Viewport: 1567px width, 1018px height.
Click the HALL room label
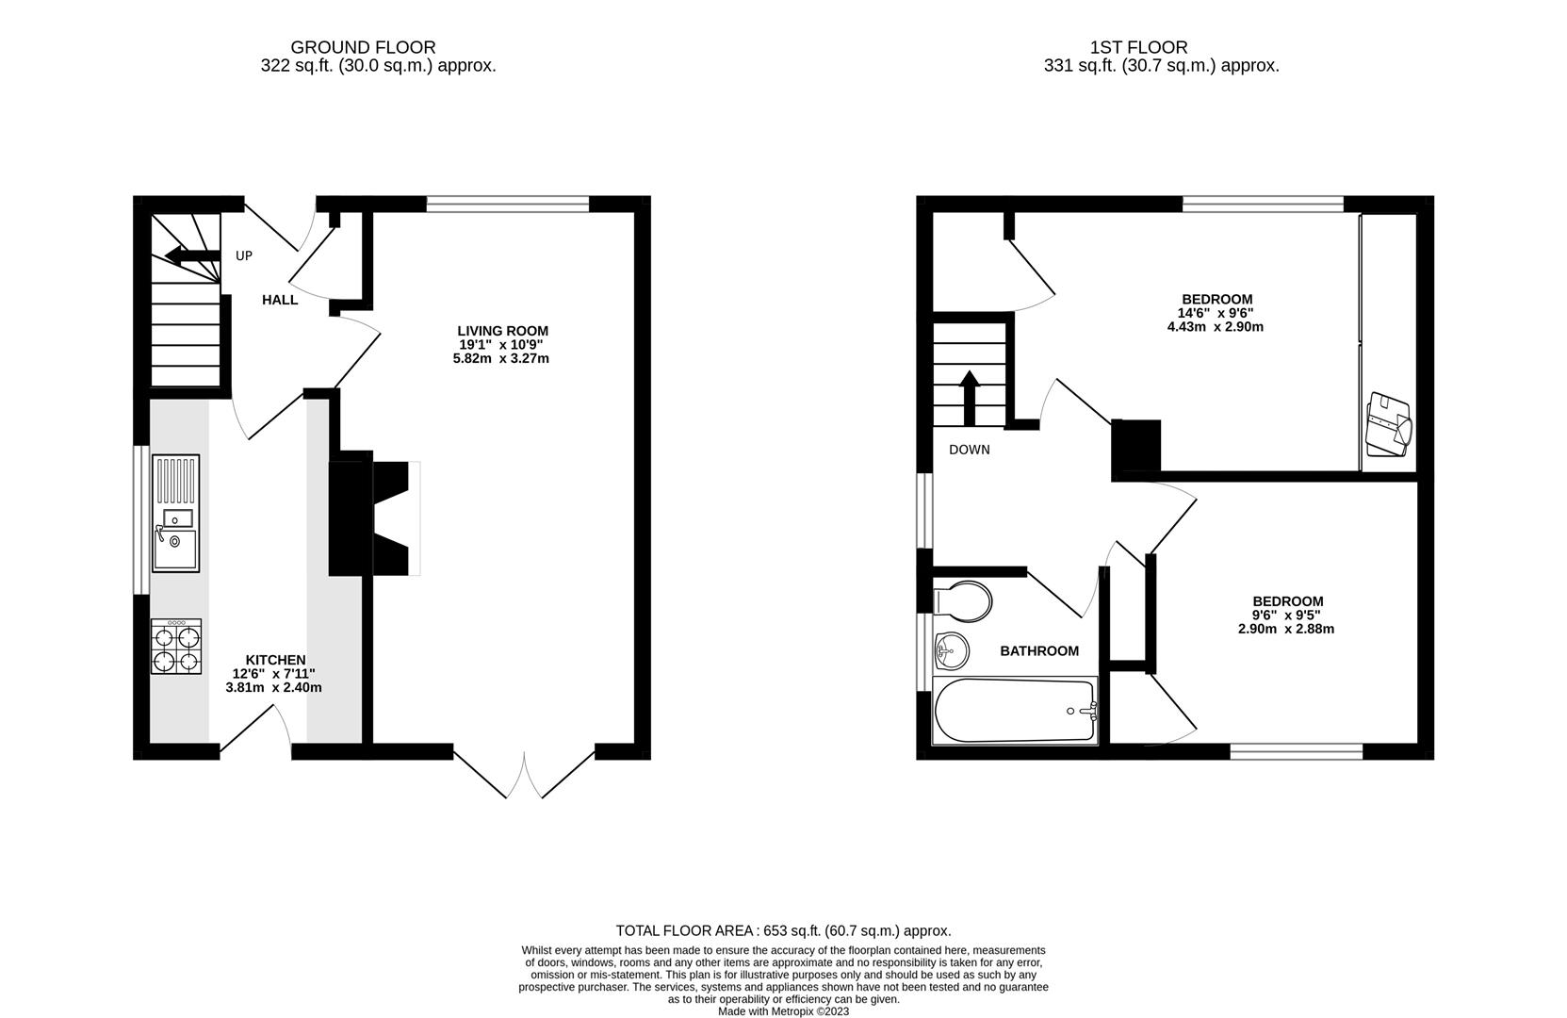tap(280, 300)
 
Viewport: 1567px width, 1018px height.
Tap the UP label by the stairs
tap(244, 255)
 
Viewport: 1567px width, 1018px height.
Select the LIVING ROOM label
tap(502, 331)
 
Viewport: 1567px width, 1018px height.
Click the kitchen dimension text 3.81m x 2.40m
tap(273, 688)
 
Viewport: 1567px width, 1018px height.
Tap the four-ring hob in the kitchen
tap(176, 647)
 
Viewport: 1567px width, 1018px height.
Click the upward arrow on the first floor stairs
tap(969, 391)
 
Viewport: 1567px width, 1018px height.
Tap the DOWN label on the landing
tap(969, 450)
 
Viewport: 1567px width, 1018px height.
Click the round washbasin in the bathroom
tap(952, 649)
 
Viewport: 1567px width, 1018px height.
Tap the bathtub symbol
tap(1015, 711)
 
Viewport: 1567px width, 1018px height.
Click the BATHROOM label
tap(1039, 651)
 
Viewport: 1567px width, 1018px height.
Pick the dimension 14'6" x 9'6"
tap(1216, 313)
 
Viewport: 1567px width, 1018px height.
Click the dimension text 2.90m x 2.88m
tap(1286, 629)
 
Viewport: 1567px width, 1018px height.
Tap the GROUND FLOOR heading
tap(363, 47)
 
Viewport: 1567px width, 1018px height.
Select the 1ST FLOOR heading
tap(1138, 47)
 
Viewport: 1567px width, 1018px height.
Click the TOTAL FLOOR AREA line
tap(783, 930)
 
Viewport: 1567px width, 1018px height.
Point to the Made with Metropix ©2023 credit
tap(783, 1011)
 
